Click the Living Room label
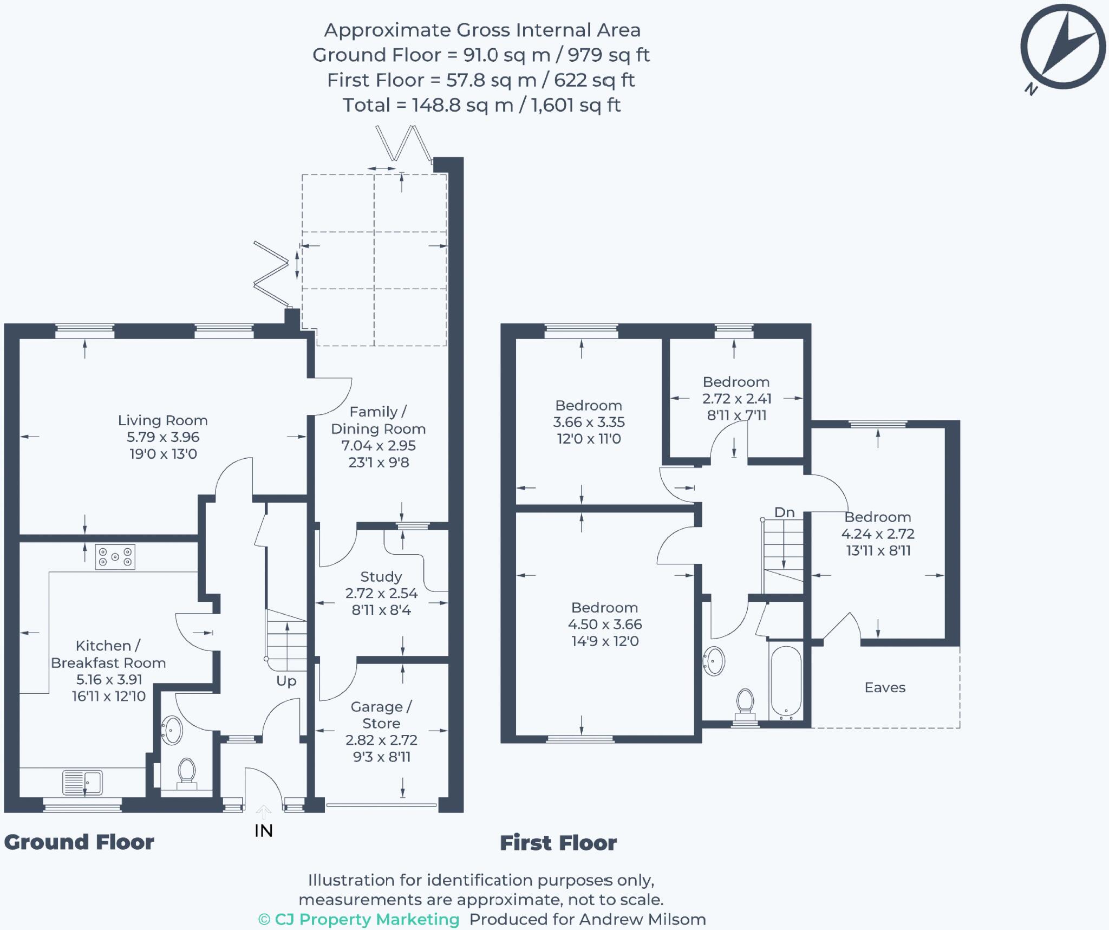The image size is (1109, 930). coord(162,420)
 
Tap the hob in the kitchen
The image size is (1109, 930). coord(115,557)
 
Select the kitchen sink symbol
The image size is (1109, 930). coord(83,782)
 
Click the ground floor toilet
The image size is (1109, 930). coord(187,771)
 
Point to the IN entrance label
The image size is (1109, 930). coord(264,831)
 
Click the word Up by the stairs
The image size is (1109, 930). coord(286,681)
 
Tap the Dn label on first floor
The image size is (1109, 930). coord(784,512)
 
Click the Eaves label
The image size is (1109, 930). coord(885,687)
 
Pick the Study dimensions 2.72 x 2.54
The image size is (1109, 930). coord(381,593)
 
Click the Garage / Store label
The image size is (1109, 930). coord(381,714)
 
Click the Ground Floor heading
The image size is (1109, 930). coord(79,842)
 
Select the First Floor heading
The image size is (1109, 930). coord(558,843)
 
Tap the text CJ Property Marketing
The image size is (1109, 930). coord(367,919)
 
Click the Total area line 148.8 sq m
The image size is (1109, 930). coord(481,105)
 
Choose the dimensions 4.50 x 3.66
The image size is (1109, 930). coord(605,624)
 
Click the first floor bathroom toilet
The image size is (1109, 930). coord(745,703)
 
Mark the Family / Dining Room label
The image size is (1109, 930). coord(378,420)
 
